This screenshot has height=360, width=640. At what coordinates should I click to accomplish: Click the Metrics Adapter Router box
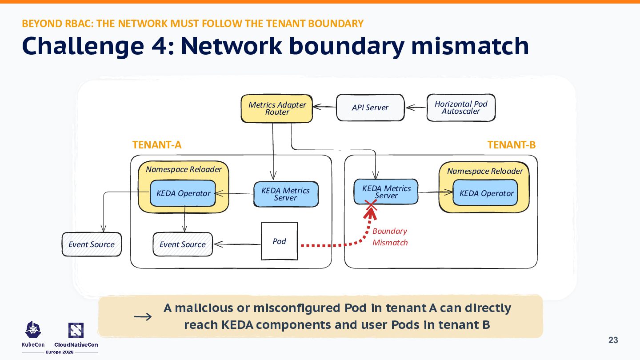tap(276, 108)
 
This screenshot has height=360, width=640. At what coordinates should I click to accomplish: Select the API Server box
tap(370, 108)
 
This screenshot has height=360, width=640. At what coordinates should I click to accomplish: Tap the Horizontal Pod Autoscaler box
tap(461, 108)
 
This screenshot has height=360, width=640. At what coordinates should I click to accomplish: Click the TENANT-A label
tap(157, 145)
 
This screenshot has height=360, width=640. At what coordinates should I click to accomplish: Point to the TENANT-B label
tap(512, 145)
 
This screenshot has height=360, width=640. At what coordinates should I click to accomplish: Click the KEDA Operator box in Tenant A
tap(183, 193)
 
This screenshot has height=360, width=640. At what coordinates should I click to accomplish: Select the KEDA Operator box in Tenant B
tap(485, 193)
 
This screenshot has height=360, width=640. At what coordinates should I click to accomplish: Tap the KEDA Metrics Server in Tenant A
tap(286, 194)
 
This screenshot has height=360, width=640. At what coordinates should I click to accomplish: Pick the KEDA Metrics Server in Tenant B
tap(386, 192)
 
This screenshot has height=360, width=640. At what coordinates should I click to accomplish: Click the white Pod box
tap(280, 241)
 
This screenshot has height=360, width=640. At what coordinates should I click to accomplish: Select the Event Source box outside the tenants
tap(92, 244)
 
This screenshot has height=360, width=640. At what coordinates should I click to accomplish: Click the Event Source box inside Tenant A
tap(183, 244)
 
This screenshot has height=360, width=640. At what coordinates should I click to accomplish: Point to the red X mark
tap(371, 205)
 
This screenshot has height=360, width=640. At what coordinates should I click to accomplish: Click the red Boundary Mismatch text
tap(390, 237)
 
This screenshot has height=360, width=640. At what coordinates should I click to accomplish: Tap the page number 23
tap(613, 340)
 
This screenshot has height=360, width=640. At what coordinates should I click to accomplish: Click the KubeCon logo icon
tap(33, 329)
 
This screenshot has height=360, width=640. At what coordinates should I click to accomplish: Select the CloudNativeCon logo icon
tap(76, 330)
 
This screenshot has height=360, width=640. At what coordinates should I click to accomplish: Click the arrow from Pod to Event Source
tap(237, 244)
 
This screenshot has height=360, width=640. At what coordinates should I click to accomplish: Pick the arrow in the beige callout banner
tap(143, 316)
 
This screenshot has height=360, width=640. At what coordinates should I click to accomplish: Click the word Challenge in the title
tap(83, 46)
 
